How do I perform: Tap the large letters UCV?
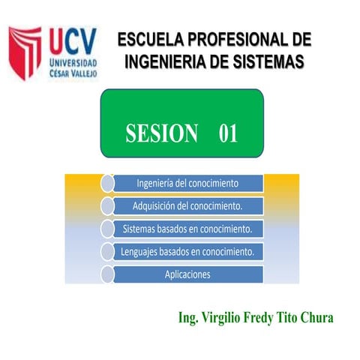(72, 38)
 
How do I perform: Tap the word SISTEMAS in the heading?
(267, 61)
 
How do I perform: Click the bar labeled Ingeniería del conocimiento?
(187, 183)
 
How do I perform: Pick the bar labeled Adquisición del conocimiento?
(187, 205)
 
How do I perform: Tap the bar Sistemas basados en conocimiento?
(187, 228)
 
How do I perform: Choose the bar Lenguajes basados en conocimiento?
(187, 251)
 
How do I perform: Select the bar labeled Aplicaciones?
(187, 274)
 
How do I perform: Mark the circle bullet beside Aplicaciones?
(106, 274)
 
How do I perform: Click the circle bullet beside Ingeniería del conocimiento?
(106, 183)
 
